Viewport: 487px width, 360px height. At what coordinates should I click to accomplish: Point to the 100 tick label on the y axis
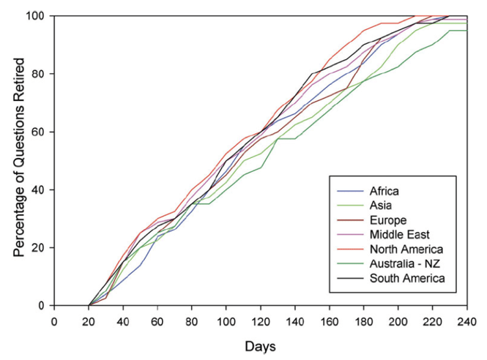(37, 16)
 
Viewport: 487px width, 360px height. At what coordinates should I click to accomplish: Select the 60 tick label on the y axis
(40, 132)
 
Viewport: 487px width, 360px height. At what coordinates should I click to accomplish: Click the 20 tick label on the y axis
(40, 247)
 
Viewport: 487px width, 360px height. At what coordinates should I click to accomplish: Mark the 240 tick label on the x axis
(466, 320)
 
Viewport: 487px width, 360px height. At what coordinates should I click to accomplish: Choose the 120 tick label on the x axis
(260, 320)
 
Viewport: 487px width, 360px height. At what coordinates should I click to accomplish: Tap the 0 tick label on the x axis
(54, 320)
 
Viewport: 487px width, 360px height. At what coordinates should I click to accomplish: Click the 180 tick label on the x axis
(363, 320)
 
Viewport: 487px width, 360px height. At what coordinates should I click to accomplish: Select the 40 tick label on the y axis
(40, 190)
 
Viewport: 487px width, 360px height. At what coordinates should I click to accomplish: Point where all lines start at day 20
(89, 305)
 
